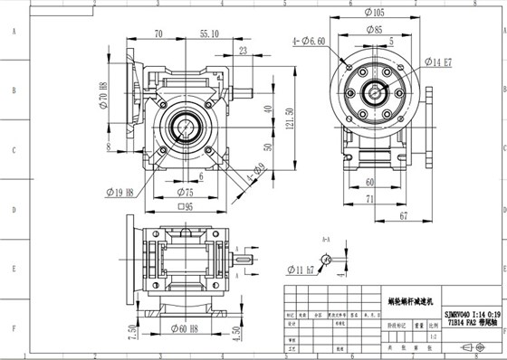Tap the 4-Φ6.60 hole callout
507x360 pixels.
click(x=310, y=41)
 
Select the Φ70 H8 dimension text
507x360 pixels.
click(x=105, y=96)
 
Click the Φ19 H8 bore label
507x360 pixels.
click(x=119, y=192)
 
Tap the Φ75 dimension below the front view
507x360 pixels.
click(x=185, y=192)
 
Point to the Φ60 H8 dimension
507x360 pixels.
click(x=185, y=328)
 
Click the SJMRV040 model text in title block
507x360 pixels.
click(x=472, y=310)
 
